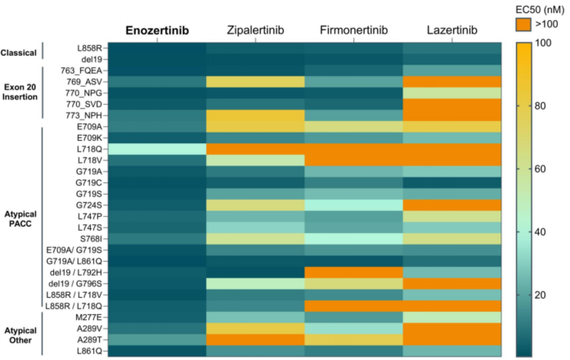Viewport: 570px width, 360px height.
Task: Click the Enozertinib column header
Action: click(156, 31)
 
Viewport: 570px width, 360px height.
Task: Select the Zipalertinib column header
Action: click(254, 31)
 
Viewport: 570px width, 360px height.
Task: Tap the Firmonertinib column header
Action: click(352, 31)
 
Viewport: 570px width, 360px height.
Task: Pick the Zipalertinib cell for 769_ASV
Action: click(254, 82)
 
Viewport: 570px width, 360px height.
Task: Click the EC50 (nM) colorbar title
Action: click(535, 8)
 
